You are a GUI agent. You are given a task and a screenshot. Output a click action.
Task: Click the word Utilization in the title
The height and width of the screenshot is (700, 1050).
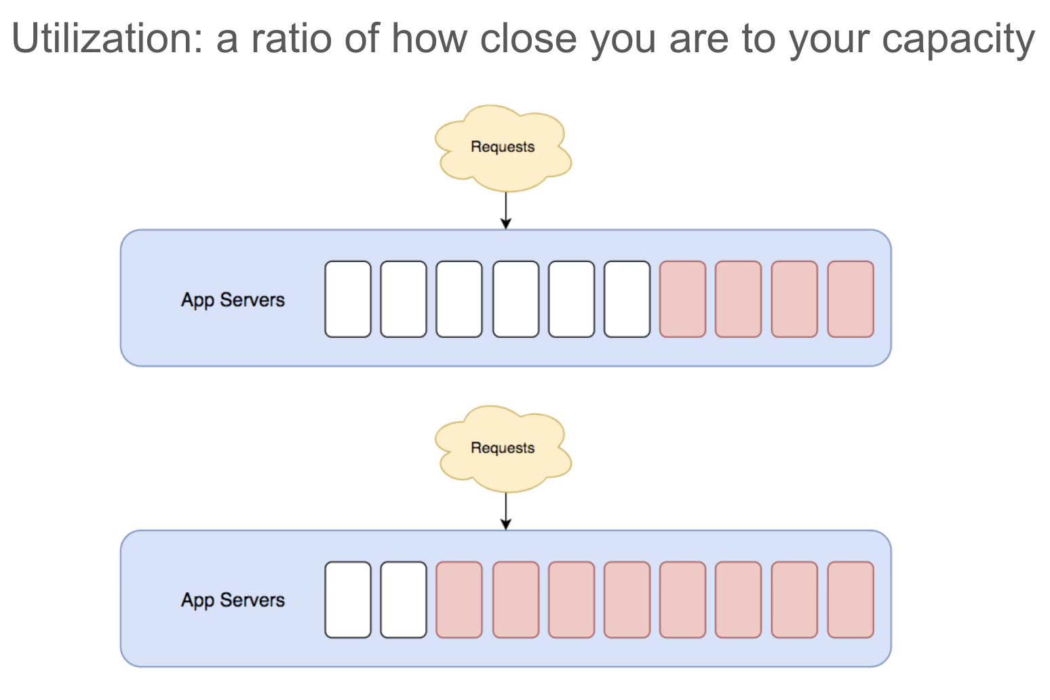(x=107, y=39)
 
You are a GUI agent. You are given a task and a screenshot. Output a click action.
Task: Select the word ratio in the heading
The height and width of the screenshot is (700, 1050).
(x=292, y=39)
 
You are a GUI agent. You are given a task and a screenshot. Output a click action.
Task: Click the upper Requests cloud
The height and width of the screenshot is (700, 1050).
(x=503, y=148)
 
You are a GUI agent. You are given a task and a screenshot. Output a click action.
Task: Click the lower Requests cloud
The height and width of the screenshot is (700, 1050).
(x=503, y=449)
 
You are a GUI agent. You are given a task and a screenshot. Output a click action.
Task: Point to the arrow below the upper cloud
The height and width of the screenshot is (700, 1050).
(x=506, y=210)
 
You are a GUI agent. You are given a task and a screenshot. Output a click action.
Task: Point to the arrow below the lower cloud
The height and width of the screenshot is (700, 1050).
(x=506, y=511)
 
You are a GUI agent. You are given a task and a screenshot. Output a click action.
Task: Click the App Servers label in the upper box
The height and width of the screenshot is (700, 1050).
(x=233, y=300)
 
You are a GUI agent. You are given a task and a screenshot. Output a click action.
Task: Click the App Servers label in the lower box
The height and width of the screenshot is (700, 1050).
(x=233, y=600)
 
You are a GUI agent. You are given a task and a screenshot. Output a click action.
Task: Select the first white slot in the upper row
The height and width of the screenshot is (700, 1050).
(x=348, y=299)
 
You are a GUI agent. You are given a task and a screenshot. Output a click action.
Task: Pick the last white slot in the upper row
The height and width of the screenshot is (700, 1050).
(x=627, y=299)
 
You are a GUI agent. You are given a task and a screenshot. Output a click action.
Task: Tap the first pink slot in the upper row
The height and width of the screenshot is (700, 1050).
(x=682, y=299)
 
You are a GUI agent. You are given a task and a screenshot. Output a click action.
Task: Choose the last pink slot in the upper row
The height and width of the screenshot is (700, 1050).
(x=851, y=299)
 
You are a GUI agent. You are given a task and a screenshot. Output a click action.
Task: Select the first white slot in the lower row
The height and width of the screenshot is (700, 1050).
(x=348, y=600)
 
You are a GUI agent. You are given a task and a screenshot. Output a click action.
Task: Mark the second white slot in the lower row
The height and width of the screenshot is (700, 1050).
(x=404, y=600)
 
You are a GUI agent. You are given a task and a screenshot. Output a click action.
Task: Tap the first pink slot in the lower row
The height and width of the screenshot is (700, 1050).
(x=459, y=600)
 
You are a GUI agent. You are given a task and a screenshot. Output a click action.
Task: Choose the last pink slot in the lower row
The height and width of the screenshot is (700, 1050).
(x=851, y=600)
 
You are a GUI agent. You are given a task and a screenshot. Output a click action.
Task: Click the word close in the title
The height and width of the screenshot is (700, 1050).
(x=529, y=39)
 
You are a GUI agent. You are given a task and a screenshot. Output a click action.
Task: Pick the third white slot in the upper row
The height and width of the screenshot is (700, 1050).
(x=459, y=299)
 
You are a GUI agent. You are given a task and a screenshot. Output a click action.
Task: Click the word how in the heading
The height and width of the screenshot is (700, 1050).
(x=429, y=39)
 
